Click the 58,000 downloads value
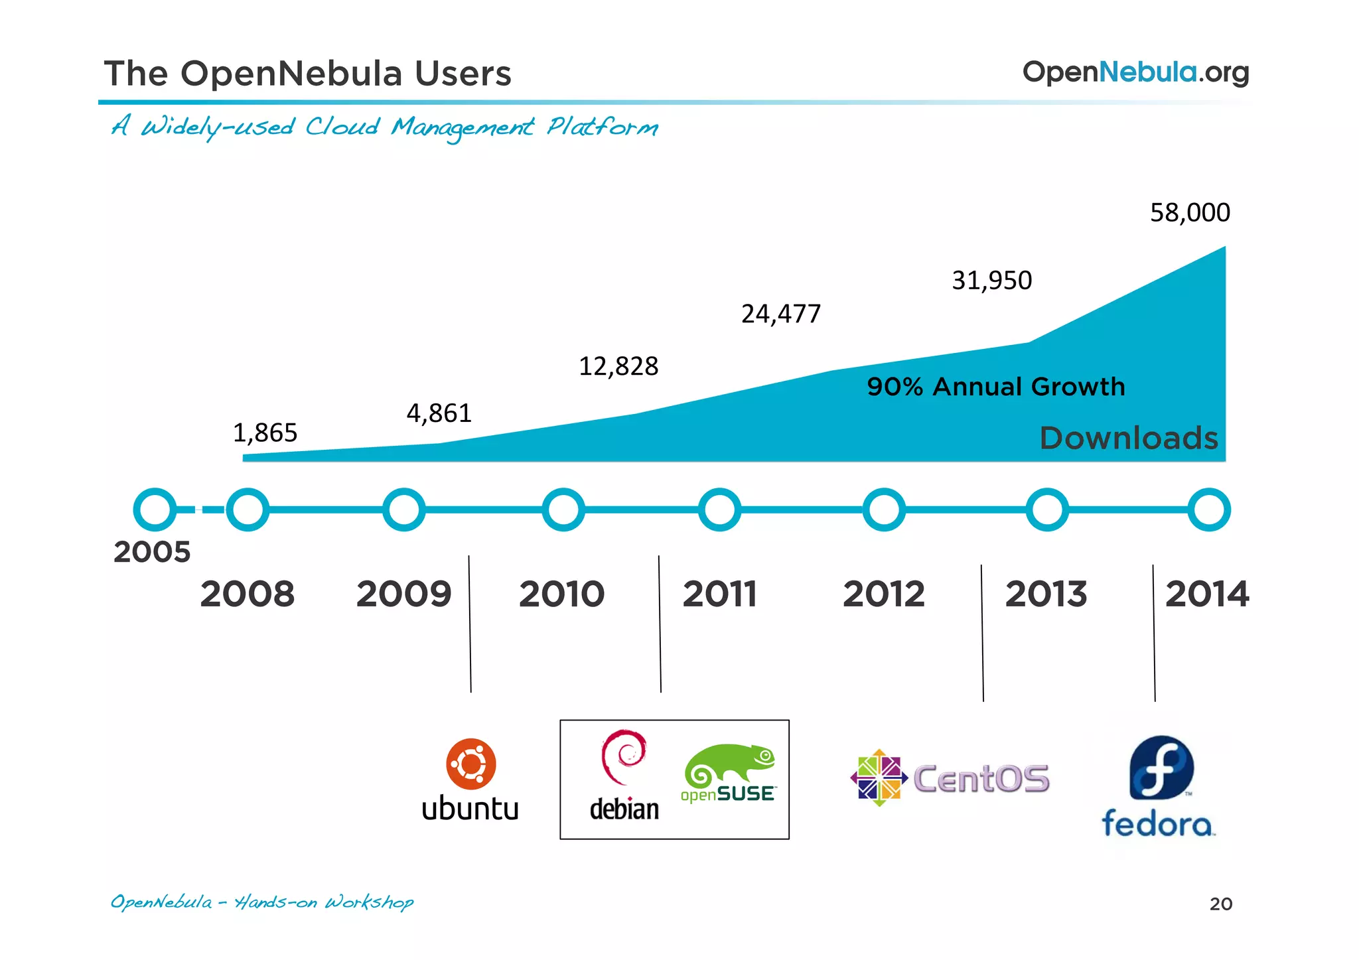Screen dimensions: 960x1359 coord(1190,213)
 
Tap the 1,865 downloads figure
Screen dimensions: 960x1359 coord(265,433)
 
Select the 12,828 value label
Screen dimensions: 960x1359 coord(618,366)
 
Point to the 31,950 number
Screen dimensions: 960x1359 coord(991,281)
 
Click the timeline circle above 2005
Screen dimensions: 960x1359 coord(155,510)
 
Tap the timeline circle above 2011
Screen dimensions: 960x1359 coord(719,510)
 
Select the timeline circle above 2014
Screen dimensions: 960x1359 coord(1208,510)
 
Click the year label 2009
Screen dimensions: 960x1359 coord(403,594)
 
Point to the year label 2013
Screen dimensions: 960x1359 coord(1046,594)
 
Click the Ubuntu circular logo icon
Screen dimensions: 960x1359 coord(471,764)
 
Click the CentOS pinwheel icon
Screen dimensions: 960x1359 coord(879,778)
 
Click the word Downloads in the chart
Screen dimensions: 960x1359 coord(1128,439)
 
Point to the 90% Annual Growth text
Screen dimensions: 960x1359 coord(995,387)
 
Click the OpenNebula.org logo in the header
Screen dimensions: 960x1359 coord(1135,72)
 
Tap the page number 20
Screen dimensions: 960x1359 coord(1220,904)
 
